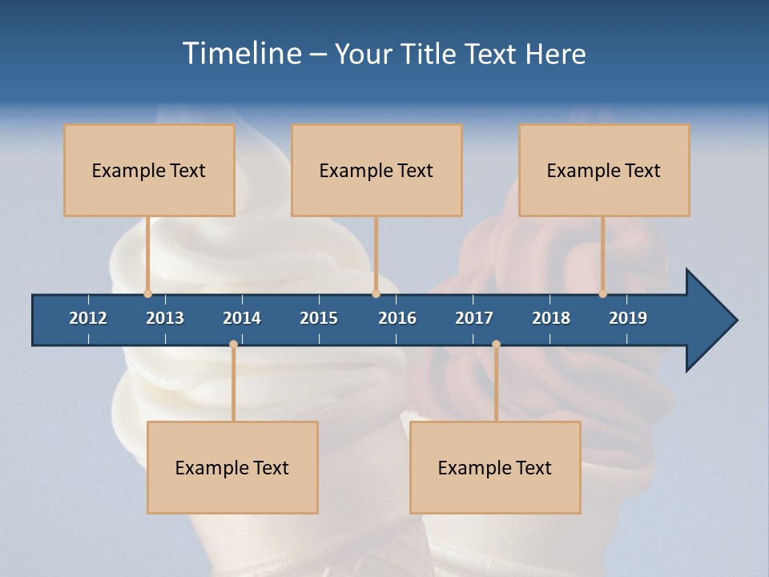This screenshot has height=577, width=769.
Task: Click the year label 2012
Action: coord(88,318)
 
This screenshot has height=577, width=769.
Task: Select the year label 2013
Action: coord(165,318)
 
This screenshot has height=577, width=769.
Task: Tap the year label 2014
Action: coord(242,318)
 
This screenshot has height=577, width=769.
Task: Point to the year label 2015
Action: coord(319,318)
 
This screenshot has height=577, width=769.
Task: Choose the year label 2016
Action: coord(397,318)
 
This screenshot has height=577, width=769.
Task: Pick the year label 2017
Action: coord(474,318)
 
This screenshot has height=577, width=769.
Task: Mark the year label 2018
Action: coord(551,318)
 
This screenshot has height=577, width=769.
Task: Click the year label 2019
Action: coord(628,318)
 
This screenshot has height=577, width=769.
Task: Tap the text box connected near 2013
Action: coord(149,170)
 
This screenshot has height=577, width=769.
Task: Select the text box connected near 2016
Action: coord(376,170)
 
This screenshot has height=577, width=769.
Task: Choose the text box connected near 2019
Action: coord(604,170)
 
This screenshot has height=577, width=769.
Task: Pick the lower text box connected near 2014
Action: coord(232,467)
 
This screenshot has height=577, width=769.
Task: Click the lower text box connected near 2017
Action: coord(495,467)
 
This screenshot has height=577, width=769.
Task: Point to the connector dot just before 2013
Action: coord(147,294)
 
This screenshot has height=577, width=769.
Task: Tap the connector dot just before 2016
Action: coord(376,294)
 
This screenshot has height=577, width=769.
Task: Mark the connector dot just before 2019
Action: coord(603,294)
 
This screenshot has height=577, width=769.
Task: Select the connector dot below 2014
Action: coord(233,345)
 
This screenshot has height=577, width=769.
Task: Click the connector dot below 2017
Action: coord(496,345)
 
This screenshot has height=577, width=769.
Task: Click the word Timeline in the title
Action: coord(241,54)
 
